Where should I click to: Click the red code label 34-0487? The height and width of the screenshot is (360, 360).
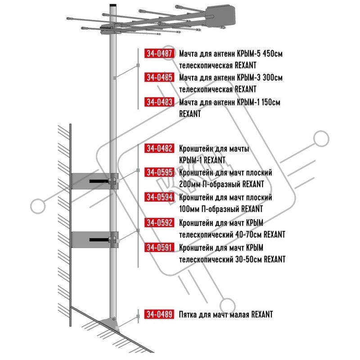pos(159,53)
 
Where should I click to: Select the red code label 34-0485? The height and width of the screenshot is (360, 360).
pos(159,77)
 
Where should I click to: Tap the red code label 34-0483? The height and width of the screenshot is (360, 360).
pos(159,102)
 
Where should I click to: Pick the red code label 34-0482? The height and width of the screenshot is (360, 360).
pos(159,148)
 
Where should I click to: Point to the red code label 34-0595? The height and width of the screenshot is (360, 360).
pos(159,172)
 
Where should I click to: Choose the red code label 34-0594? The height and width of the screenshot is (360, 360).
pos(159,197)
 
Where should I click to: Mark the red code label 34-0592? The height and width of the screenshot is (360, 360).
pos(159,222)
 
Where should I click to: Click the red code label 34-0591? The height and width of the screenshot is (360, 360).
pos(159,247)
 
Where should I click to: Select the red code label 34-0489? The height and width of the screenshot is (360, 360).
pos(159,314)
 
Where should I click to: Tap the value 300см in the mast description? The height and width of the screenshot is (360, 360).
pos(273,77)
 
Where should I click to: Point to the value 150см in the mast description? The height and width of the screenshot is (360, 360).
pos(271,102)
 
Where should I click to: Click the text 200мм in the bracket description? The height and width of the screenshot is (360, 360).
pos(189,184)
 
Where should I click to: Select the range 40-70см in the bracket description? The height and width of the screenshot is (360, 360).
pos(249,234)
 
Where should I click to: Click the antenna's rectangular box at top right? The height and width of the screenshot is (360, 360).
pos(220,16)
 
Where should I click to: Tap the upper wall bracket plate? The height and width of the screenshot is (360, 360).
pos(91,181)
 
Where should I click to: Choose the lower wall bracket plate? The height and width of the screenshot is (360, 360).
pos(91,240)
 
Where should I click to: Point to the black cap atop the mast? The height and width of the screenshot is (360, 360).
pos(113,5)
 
